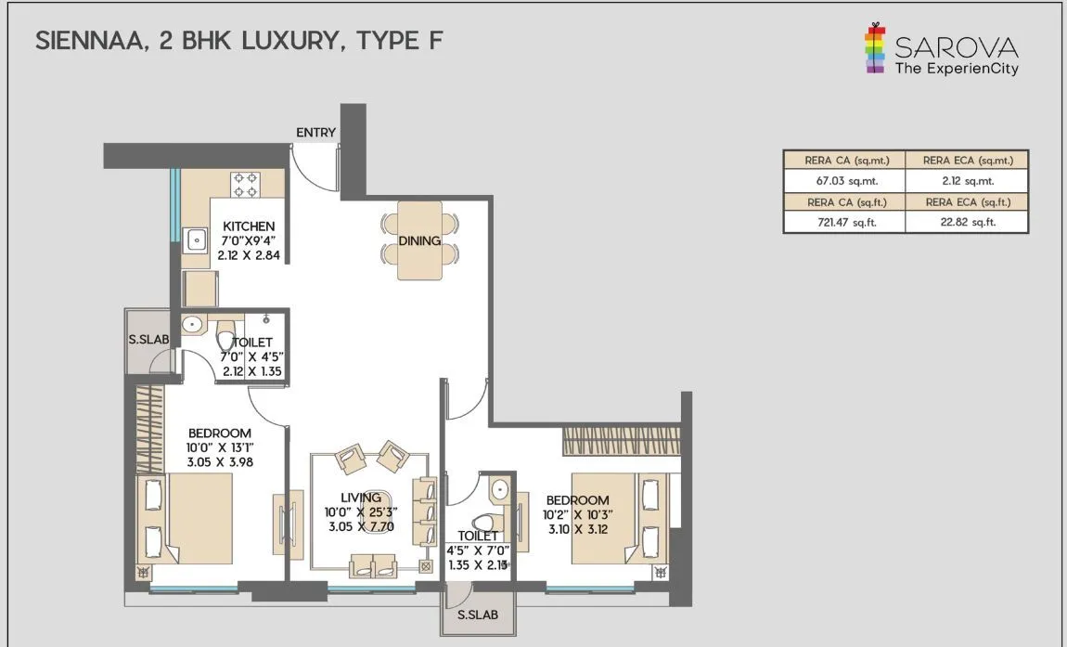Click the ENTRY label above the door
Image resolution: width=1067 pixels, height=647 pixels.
pyautogui.click(x=315, y=133)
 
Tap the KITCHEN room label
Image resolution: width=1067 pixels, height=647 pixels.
pyautogui.click(x=249, y=226)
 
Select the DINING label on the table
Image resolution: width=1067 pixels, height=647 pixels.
pyautogui.click(x=419, y=240)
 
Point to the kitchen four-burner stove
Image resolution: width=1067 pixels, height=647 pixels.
pyautogui.click(x=246, y=185)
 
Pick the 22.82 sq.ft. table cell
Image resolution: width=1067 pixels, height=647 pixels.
pyautogui.click(x=967, y=223)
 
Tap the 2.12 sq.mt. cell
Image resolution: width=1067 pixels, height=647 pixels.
pyautogui.click(x=967, y=181)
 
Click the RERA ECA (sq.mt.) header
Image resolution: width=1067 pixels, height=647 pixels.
pyautogui.click(x=967, y=160)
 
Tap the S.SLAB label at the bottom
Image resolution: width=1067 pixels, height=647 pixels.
pyautogui.click(x=478, y=615)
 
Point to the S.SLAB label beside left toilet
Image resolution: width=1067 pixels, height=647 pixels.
pyautogui.click(x=148, y=339)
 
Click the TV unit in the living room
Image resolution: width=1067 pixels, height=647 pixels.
pyautogui.click(x=288, y=524)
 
